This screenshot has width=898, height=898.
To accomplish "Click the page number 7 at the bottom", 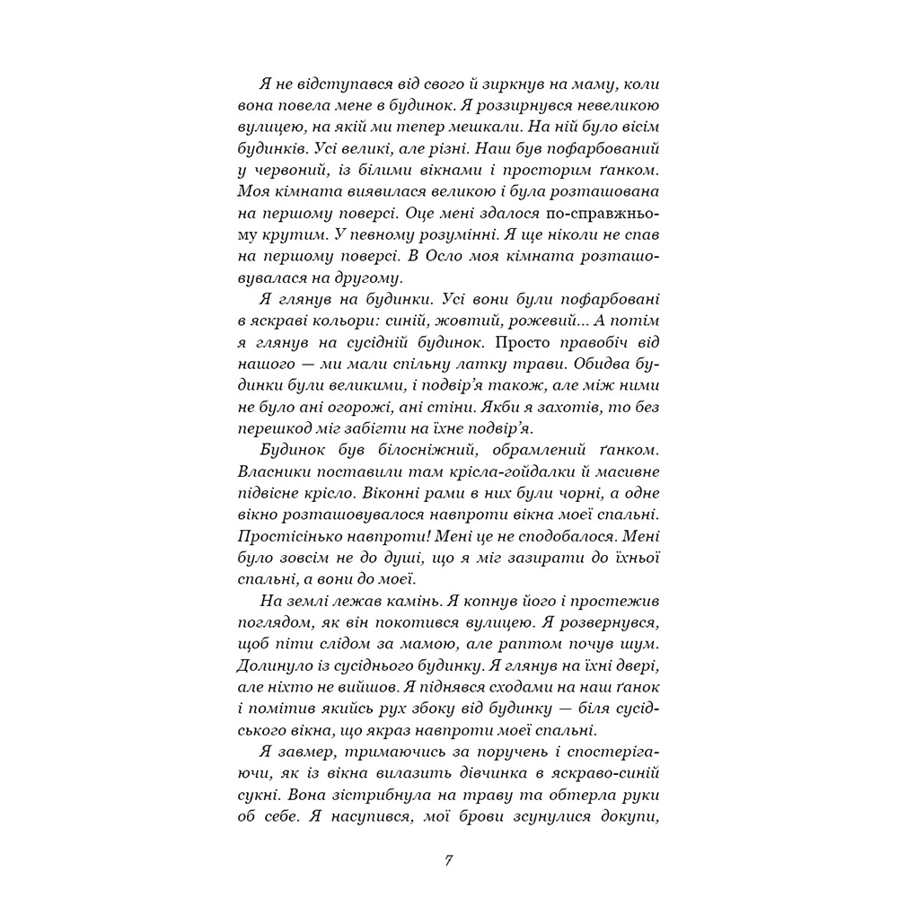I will [448, 859].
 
